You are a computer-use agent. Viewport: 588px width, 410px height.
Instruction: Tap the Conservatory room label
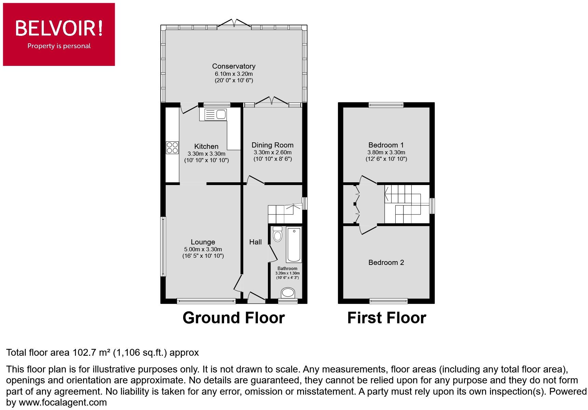coord(234,66)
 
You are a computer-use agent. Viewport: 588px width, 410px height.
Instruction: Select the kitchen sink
coord(215,114)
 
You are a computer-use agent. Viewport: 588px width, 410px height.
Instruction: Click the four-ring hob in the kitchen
coord(172,147)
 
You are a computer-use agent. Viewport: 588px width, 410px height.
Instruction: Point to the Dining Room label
coord(272,145)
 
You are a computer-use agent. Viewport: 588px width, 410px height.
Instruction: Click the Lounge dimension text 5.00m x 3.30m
coord(203,249)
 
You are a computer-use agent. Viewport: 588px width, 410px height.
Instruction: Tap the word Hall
coord(255,242)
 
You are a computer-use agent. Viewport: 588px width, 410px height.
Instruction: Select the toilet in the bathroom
coord(277,234)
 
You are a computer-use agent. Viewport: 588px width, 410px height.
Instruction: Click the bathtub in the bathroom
coord(294,245)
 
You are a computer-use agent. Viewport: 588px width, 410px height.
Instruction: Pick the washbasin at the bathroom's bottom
coord(288,293)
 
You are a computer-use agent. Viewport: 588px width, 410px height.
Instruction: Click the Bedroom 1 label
coord(386,145)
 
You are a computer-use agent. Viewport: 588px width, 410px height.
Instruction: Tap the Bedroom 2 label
coord(386,263)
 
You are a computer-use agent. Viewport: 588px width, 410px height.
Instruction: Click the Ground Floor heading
coord(233,317)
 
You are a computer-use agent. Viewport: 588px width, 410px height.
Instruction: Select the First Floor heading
coord(386,317)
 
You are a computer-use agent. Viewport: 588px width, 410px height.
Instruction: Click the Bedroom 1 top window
coord(386,105)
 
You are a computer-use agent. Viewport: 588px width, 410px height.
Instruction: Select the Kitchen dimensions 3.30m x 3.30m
coord(206,154)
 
